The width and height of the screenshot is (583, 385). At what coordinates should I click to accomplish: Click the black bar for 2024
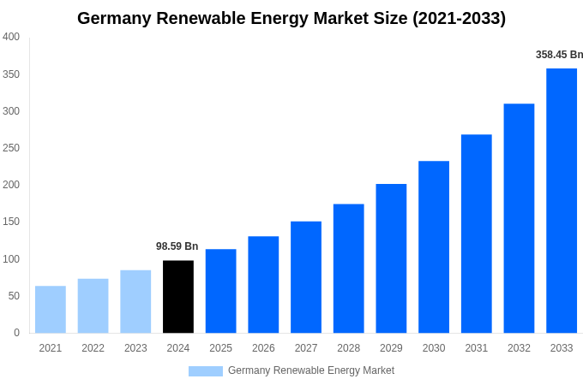(x=178, y=296)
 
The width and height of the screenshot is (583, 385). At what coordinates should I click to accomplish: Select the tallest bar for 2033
(x=562, y=200)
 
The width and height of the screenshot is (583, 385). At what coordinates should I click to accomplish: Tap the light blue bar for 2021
(x=51, y=309)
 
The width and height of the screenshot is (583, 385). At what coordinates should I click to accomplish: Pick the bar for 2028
(x=349, y=268)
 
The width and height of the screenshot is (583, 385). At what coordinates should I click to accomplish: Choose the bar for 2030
(x=434, y=246)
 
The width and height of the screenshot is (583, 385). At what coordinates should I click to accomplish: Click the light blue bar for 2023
(x=135, y=301)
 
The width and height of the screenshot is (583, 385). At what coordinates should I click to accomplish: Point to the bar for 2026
(x=263, y=284)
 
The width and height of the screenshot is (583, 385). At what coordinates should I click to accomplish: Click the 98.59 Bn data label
(x=177, y=246)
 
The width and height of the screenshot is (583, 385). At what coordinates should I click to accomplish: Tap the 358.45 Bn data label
(x=559, y=55)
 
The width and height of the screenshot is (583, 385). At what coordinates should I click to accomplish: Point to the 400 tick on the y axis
(x=11, y=37)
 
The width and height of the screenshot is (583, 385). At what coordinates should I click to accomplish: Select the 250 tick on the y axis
(x=11, y=148)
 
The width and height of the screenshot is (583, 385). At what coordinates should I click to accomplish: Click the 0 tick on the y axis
(x=16, y=333)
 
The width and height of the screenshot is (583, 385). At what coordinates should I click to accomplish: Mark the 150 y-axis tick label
(x=11, y=222)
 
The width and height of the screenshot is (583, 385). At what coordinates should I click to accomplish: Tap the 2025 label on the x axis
(x=220, y=348)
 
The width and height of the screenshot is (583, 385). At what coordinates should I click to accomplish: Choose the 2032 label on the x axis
(x=519, y=348)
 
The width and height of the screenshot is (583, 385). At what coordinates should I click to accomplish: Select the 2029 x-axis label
(x=391, y=348)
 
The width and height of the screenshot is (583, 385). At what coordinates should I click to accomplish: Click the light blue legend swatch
(x=206, y=371)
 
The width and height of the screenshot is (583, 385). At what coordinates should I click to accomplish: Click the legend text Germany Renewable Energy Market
(x=311, y=370)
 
